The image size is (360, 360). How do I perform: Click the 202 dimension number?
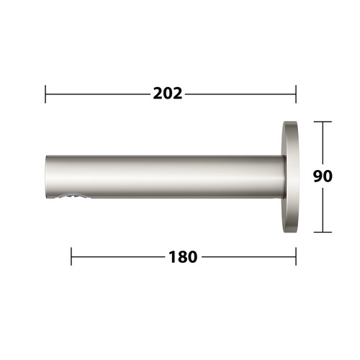168,94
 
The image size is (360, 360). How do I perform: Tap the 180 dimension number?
183,257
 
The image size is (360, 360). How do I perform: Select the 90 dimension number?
323,176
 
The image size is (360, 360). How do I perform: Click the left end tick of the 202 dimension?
45,94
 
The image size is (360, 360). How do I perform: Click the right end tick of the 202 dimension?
296,94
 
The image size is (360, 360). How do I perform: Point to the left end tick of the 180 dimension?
71,256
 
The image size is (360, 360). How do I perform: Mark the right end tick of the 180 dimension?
296,256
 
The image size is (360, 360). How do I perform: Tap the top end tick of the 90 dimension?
323,122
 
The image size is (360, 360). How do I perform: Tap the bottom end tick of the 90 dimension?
323,232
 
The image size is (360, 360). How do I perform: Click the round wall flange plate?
290,177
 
